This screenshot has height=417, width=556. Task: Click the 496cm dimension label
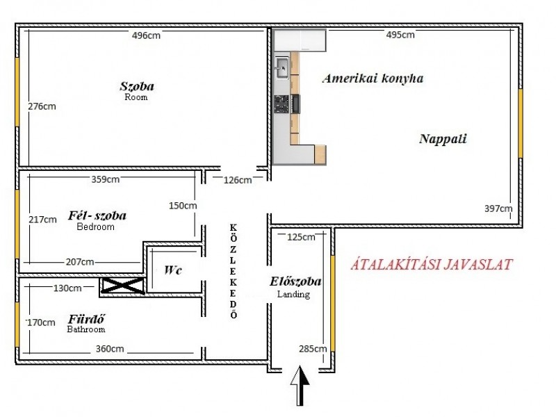click(146, 35)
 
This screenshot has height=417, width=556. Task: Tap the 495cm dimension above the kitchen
click(400, 35)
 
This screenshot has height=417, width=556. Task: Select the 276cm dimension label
click(42, 106)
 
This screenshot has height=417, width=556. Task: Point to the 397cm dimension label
click(498, 208)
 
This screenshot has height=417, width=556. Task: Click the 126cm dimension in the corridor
click(238, 180)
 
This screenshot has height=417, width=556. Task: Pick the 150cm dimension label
click(183, 206)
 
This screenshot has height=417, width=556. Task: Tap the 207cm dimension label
click(80, 262)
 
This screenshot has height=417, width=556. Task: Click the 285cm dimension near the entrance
click(313, 349)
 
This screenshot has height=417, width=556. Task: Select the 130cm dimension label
click(67, 288)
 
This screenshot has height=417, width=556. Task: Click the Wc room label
click(172, 270)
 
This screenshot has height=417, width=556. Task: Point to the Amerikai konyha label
click(373, 79)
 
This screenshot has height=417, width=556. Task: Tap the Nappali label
click(443, 138)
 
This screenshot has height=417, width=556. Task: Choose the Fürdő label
click(86, 319)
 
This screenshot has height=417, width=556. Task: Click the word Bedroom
click(96, 227)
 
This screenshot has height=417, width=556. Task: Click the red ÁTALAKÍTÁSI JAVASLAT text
click(432, 265)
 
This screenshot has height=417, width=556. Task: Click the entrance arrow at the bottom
click(300, 386)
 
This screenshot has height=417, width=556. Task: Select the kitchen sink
click(282, 67)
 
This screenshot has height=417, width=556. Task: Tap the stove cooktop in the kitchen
click(281, 104)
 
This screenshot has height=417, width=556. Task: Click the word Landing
click(293, 294)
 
